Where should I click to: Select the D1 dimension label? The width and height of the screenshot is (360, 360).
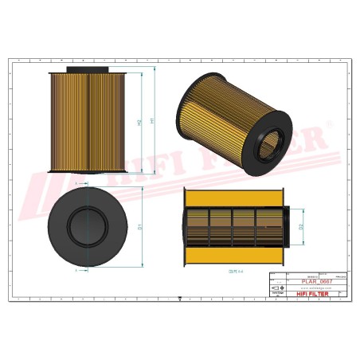pos(140,227)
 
